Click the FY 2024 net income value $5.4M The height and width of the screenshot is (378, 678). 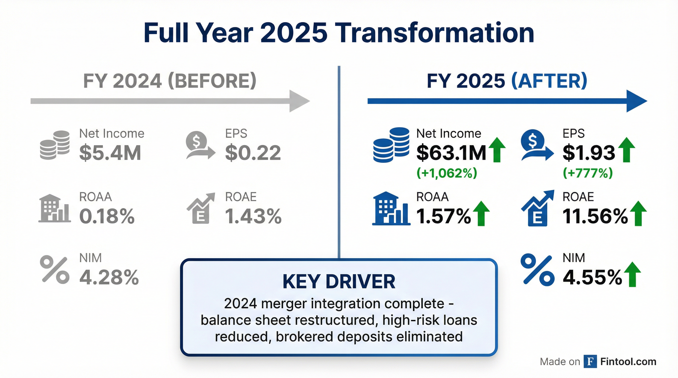coord(110,153)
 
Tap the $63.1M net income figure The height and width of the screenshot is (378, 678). coord(451,153)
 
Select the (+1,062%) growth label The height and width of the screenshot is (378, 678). coord(447,173)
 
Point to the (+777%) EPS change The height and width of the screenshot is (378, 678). coord(587,173)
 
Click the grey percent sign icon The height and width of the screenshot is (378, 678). coord(55,269)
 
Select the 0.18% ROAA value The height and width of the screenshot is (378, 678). coord(107,216)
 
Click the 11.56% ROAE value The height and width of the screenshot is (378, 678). coord(595,216)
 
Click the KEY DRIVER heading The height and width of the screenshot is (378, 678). coord(339,282)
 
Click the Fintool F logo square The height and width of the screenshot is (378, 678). coord(590,362)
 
